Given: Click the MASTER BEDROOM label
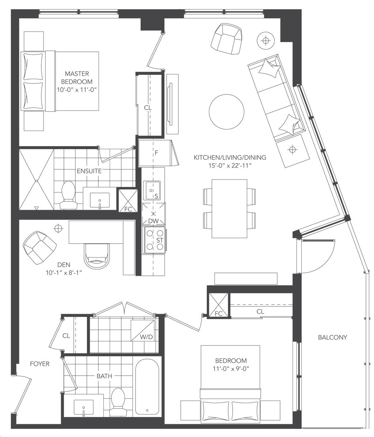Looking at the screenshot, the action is pos(77,77).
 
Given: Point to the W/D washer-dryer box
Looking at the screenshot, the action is pos(142,330).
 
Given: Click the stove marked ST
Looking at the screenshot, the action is pos(154,240).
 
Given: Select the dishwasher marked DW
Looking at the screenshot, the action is pos(153,214).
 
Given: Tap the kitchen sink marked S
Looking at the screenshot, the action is pos(152,191).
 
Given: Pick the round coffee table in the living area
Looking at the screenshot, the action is pos(226,112).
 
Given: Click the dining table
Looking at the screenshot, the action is pos(229,208).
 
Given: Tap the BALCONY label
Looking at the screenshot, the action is pos(332,337).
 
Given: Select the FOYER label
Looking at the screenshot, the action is pos(40,364).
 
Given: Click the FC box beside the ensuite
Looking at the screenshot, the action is pos(128,201).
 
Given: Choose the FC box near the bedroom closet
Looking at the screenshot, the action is pos(218,305).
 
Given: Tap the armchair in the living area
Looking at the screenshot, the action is pos(226,39).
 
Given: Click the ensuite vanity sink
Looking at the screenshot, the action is pos(100,199).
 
